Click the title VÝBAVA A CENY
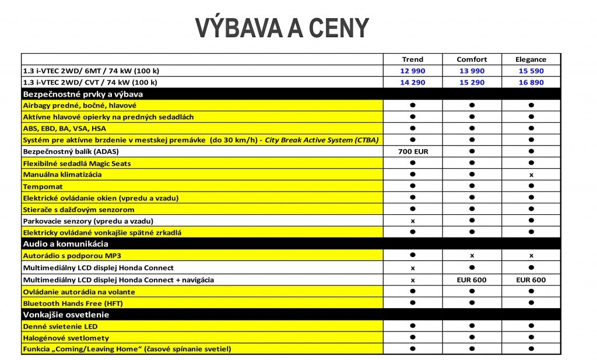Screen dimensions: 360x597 pos(282,27)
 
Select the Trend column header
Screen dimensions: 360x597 pos(413,59)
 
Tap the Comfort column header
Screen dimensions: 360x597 pos(472,59)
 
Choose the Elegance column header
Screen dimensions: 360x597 pos(531,59)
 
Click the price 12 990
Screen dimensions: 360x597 pos(413,70)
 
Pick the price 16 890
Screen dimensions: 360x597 pos(531,82)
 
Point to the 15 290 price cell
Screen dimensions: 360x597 pos(472,82)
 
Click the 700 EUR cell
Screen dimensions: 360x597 pos(413,151)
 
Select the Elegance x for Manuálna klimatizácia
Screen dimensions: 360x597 pos(531,175)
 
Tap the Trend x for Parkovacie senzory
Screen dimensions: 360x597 pos(413,221)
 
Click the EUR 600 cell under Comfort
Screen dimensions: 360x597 pos(472,280)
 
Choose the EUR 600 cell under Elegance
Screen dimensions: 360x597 pos(531,280)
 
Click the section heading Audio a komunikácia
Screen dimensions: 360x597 pos(65,244)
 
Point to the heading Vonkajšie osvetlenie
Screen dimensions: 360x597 pos(66,315)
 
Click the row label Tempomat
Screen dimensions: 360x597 pos(43,186)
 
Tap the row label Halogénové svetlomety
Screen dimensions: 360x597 pos(66,338)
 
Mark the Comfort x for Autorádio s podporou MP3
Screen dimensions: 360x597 pos(472,256)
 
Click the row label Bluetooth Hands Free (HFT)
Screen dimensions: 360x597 pos(73,303)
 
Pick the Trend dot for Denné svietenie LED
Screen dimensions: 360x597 pos(413,326)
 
